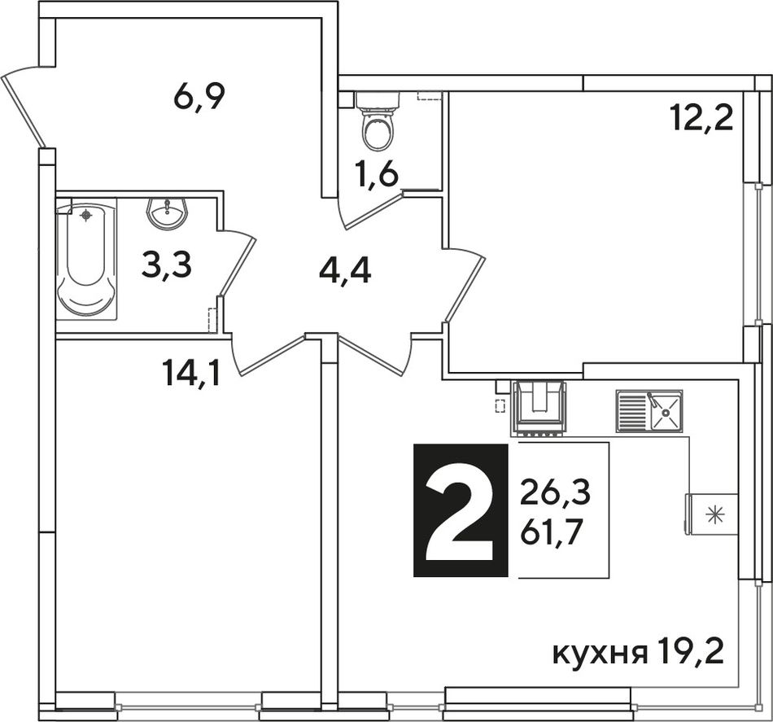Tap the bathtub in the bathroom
[x=86, y=260]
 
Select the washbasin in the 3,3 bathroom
[x=168, y=213]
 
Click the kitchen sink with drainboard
[x=649, y=411]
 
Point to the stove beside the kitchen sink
[x=539, y=409]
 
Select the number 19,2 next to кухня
[x=690, y=652]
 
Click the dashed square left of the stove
[x=500, y=405]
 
